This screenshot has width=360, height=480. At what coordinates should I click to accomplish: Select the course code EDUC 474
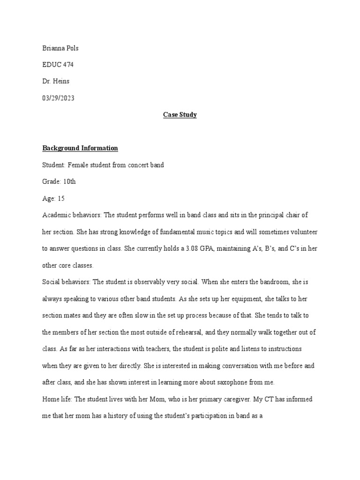[x=58, y=65]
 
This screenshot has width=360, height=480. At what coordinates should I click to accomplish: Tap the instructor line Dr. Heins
[x=56, y=82]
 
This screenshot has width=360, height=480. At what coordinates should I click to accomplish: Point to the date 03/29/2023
[x=58, y=98]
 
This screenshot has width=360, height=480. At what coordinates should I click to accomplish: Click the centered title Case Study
[x=180, y=115]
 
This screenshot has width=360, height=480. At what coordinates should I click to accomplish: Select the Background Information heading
[x=80, y=148]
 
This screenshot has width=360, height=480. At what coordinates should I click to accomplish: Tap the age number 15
[x=61, y=199]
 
